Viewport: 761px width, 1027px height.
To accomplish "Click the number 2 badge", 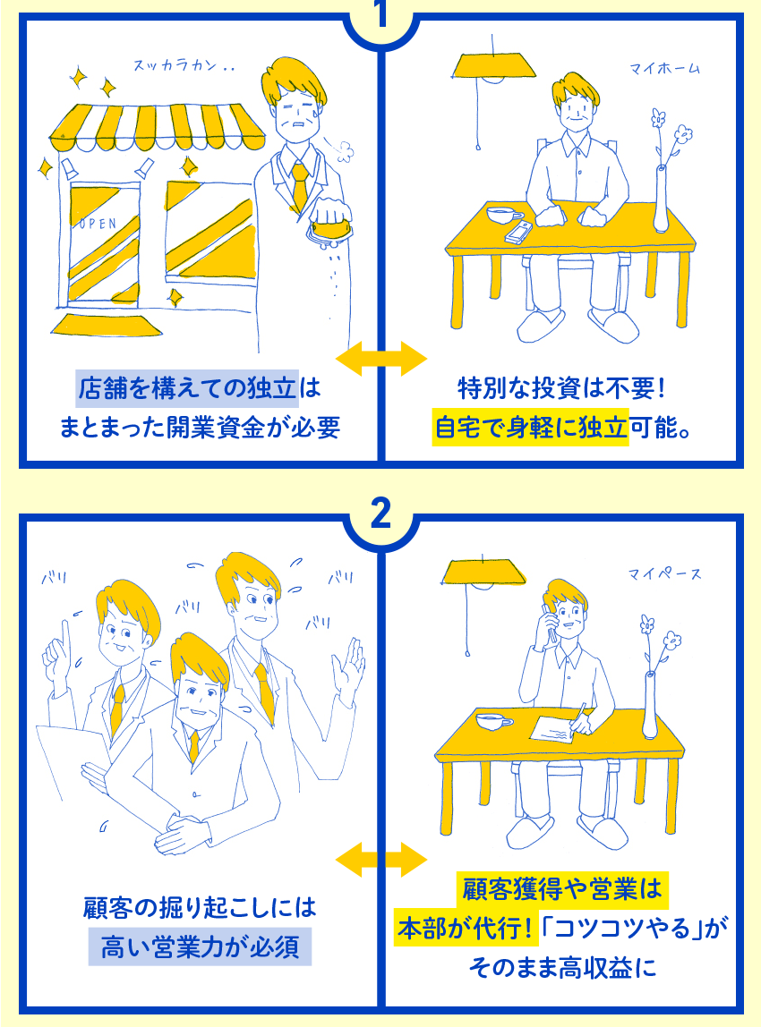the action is [380, 514].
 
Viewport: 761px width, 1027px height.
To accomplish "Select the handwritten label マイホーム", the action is [664, 68].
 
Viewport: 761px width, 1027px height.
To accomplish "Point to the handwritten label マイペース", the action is [664, 573].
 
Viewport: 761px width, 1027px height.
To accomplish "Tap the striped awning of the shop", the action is [158, 127].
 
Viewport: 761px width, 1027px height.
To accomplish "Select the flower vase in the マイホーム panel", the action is [662, 199].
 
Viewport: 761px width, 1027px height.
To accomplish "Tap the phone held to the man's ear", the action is [550, 623].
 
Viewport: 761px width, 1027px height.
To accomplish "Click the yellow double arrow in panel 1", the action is [380, 358].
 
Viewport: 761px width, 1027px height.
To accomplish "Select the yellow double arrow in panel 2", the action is [380, 860].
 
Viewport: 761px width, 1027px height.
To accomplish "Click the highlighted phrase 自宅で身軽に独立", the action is [530, 427].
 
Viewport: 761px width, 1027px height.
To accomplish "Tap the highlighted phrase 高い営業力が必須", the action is [200, 946].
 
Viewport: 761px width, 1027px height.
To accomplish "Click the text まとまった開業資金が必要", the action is [200, 427].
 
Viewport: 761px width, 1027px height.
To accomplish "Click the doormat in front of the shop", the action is [107, 324].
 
